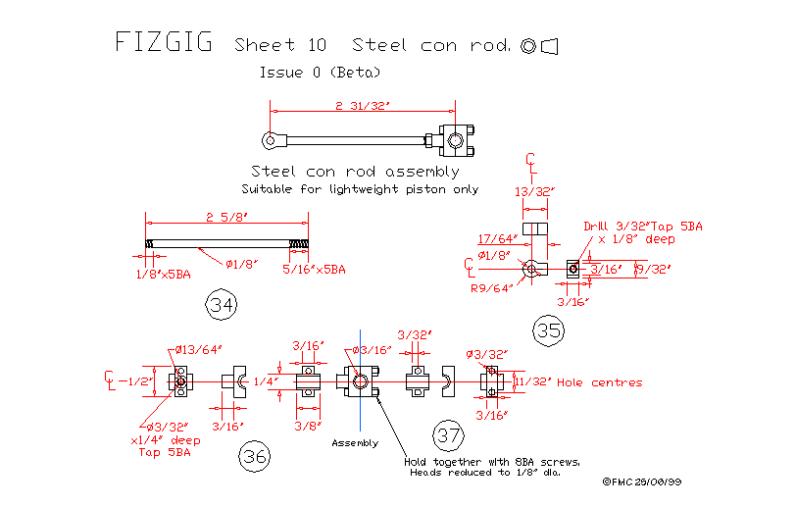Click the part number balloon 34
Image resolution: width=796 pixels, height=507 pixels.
coord(223,305)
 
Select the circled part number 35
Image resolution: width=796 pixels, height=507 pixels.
coord(549,330)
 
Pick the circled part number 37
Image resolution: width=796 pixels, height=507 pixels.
coord(448,434)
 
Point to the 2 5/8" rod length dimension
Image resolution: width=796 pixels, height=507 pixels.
coord(225,217)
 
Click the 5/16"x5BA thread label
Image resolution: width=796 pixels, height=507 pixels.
coord(314,269)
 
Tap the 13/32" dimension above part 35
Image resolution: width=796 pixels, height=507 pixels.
coord(534,191)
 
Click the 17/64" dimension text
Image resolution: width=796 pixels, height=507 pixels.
coord(498,237)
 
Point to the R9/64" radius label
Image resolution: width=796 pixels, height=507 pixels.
coord(491,288)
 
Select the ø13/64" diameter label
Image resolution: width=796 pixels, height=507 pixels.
coord(199,348)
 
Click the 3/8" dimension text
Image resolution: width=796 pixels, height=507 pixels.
coord(309,426)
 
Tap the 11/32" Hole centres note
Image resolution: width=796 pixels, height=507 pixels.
coord(578,381)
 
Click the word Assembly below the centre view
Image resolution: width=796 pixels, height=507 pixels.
coord(355,442)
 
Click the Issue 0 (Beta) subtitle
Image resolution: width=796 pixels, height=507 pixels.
coord(320,73)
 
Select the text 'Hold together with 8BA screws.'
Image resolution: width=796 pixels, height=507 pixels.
coord(492,462)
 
